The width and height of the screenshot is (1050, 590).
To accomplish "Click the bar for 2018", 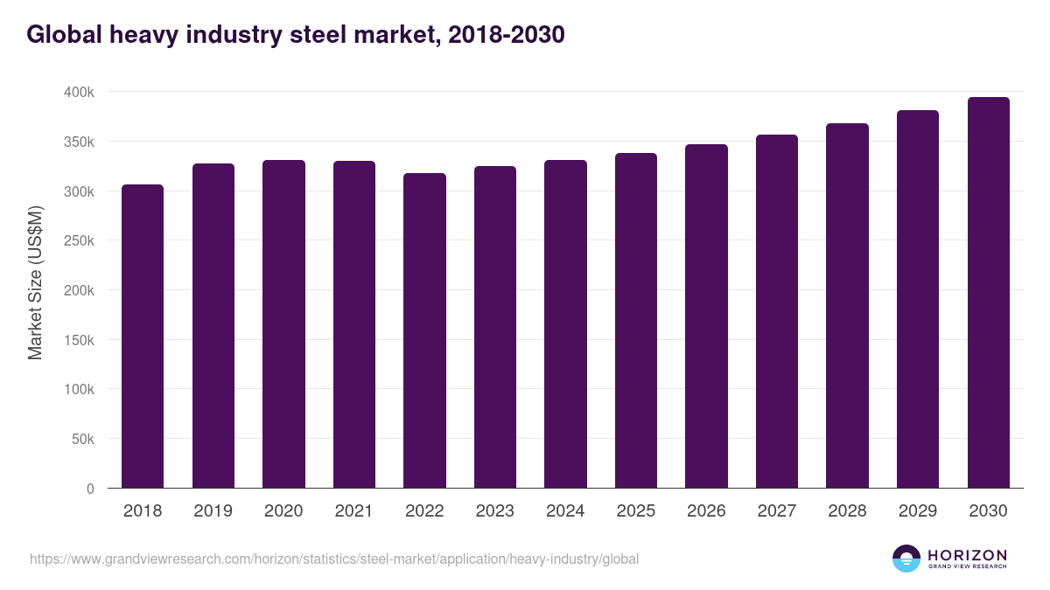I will point(143,337).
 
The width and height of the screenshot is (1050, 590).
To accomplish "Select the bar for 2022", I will point(424,330).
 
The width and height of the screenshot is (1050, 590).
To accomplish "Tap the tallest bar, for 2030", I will point(988,293).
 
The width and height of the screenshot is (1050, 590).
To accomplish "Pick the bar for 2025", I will point(636,321).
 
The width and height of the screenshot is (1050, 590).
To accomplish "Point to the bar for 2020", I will point(283,324).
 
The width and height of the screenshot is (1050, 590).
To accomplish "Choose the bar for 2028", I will point(847,306).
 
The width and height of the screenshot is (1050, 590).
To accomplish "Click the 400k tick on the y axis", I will point(79,92).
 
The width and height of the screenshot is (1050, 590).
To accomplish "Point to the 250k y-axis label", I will point(79,240).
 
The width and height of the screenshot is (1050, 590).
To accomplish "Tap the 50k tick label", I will point(82,439).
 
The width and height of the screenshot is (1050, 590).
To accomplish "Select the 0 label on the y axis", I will point(90,489).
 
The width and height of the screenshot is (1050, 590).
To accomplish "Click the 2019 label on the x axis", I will point(213,511).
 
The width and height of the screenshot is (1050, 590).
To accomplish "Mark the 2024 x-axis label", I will point(565,511).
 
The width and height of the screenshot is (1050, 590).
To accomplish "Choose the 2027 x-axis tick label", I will point(777,511).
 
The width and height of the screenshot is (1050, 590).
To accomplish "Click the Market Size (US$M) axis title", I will point(35,282).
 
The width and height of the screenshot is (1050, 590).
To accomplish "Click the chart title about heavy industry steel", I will point(296,35).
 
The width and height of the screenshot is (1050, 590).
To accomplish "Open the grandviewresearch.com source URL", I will point(334,559).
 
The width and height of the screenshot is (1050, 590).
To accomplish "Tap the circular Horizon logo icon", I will point(906,559).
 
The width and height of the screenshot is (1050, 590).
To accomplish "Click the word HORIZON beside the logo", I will point(967,554).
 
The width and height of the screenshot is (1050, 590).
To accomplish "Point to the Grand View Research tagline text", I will point(967,566).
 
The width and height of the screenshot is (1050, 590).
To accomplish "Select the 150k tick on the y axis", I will point(79,340).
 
